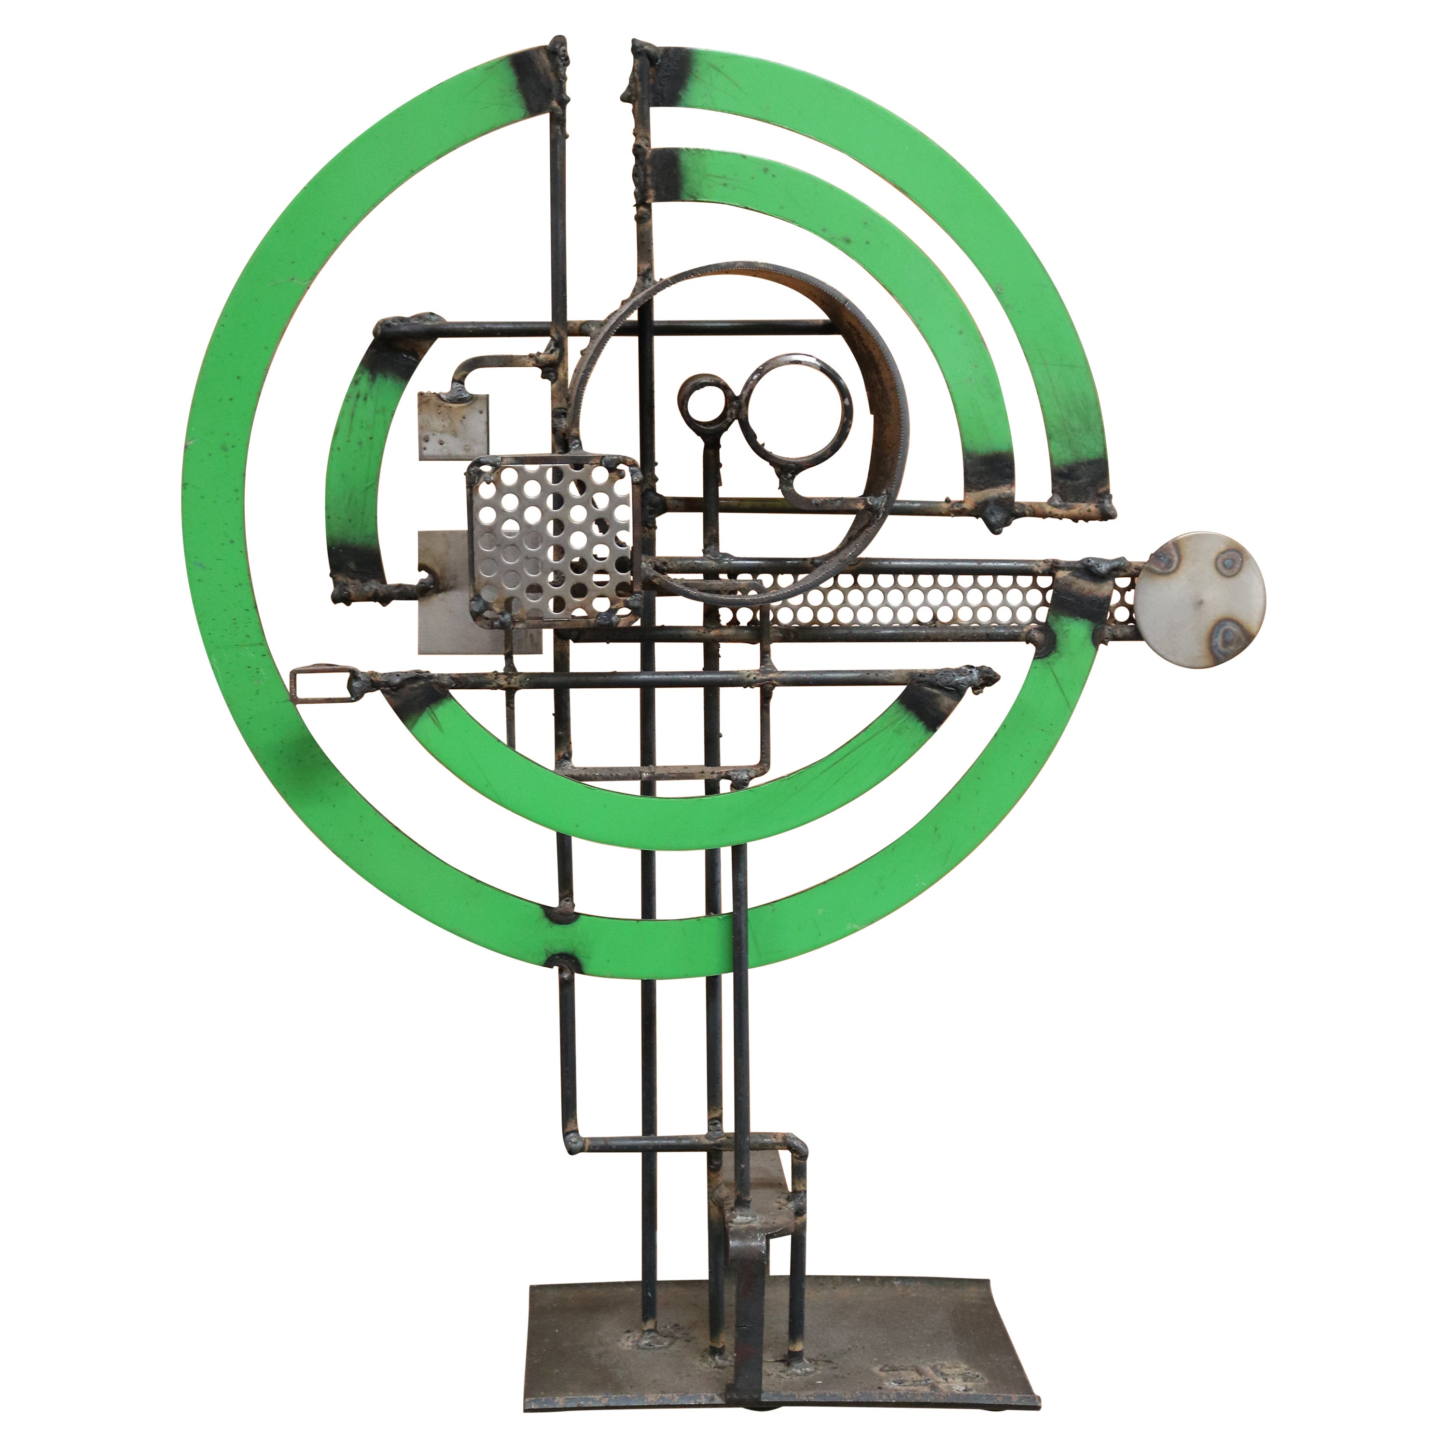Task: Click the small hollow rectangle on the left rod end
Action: point(321,686)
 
